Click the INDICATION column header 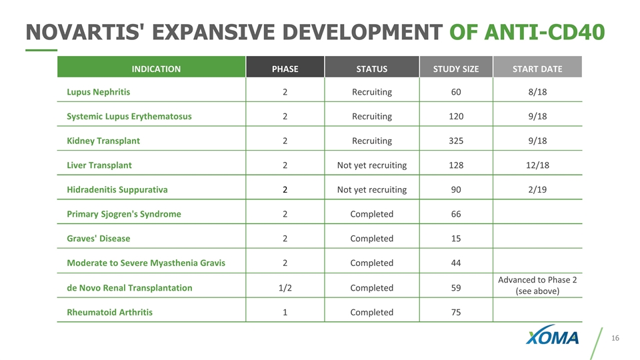coord(156,69)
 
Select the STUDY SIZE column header coord(456,69)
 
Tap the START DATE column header coord(537,69)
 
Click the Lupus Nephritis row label coord(99,92)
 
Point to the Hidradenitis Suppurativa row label coord(117,189)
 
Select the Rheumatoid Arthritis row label coord(109,312)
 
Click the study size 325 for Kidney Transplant coord(456,141)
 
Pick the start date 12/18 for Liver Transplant coord(537,165)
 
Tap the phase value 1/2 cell coord(285,288)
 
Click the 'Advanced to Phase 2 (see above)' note coord(537,285)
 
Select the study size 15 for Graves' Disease coord(456,239)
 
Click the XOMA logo coord(552,335)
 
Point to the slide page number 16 coord(615,338)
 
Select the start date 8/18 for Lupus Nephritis coord(537,92)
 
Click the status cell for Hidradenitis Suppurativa coord(372,189)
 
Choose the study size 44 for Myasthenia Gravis coord(456,263)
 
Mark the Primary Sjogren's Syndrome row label coord(124,214)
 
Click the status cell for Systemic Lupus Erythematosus coord(372,116)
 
